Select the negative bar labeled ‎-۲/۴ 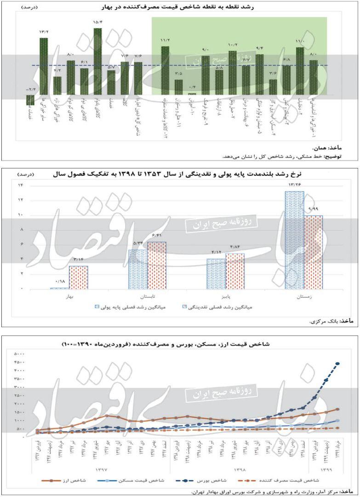click(x=30, y=100)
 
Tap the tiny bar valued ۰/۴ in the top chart click(x=192, y=94)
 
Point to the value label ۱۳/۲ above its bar click(x=44, y=32)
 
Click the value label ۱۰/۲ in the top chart click(x=233, y=45)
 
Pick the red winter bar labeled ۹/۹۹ click(x=314, y=252)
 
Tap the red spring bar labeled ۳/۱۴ click(x=79, y=277)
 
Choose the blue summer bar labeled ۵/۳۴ click(x=138, y=269)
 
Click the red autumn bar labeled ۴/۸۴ click(x=235, y=271)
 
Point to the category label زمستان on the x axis click(x=304, y=297)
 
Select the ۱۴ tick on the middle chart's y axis click(x=20, y=185)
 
